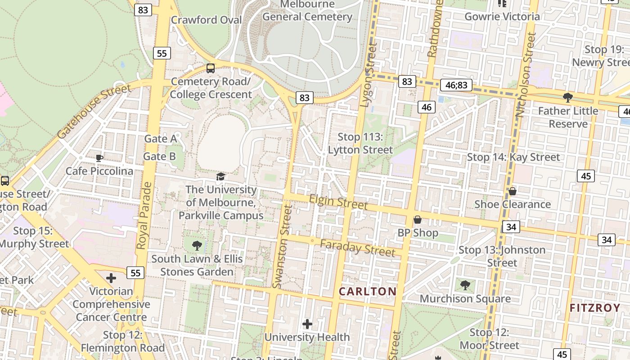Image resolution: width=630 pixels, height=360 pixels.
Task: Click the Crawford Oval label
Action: point(206,20)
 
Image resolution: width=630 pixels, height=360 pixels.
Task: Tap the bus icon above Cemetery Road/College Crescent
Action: point(210,68)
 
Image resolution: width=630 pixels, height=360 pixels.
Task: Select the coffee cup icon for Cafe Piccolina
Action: point(99,158)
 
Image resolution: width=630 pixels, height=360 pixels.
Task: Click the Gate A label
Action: point(160,139)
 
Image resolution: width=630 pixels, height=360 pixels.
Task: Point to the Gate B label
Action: point(159,157)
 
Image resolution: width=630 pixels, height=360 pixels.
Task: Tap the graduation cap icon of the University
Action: point(220,176)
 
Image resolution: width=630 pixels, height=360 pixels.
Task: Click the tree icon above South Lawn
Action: point(197,245)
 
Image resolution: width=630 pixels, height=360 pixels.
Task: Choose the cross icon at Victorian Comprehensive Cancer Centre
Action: point(111,278)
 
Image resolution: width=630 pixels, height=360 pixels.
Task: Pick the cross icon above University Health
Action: point(307,324)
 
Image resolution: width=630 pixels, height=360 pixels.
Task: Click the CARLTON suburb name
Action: point(368,291)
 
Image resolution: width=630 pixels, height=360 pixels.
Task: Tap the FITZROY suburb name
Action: point(595,308)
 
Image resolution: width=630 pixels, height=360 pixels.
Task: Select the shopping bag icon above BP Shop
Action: point(418,220)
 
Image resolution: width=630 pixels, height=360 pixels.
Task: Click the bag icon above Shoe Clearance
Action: point(512,191)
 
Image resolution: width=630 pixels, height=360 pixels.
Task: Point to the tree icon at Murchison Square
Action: point(465,285)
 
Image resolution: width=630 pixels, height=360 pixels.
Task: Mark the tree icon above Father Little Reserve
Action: point(568,97)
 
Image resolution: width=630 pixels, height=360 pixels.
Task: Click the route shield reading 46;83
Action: point(456,85)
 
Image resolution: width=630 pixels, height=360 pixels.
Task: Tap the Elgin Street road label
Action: point(338,202)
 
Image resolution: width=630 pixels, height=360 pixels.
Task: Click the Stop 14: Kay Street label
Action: point(513,157)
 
